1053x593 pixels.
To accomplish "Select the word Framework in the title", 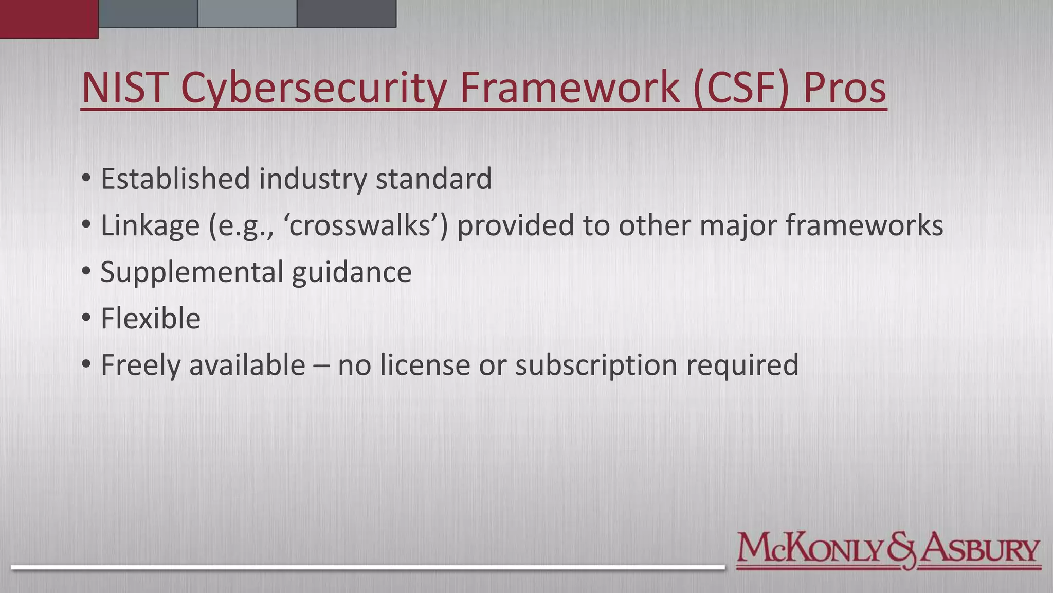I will [x=570, y=88].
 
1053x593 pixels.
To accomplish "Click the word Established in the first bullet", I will [x=175, y=179].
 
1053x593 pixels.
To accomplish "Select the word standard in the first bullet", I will [x=433, y=179].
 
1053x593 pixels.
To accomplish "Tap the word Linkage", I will [x=150, y=226].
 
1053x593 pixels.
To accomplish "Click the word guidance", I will [x=352, y=272].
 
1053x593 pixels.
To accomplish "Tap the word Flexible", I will [x=150, y=318].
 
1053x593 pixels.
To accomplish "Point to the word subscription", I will [x=596, y=365].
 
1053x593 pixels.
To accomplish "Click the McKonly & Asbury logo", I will [x=888, y=551].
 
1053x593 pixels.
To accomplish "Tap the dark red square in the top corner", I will [x=49, y=19].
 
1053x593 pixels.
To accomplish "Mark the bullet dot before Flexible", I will [x=86, y=318].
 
